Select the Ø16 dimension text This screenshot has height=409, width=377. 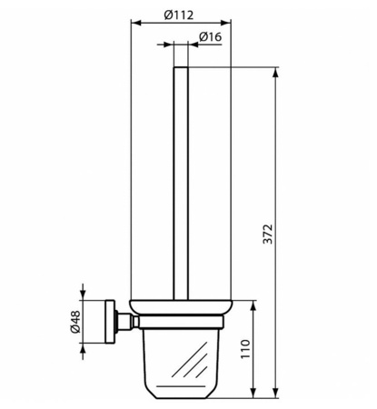[x=211, y=36]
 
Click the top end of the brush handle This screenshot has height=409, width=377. [x=180, y=68]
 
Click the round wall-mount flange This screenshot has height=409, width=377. [x=115, y=321]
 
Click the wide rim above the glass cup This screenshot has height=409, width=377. [x=181, y=306]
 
